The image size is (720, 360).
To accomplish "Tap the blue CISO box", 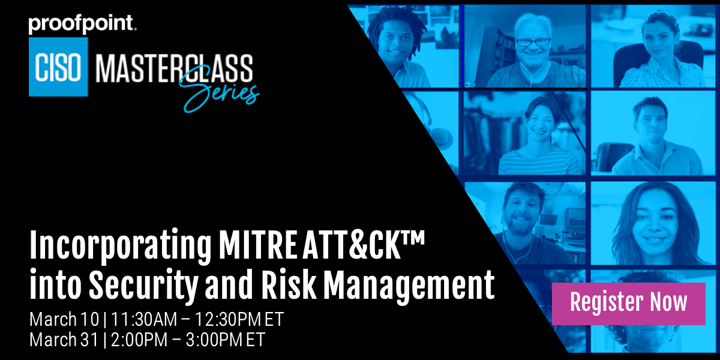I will click(58, 67).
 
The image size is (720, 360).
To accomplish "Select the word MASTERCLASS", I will click(174, 67).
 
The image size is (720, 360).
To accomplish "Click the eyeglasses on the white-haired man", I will click(532, 41).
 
